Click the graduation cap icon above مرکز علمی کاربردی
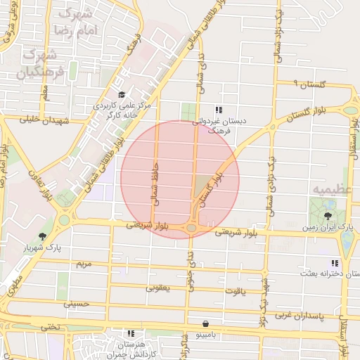coord(122,95)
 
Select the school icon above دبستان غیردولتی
coord(219,110)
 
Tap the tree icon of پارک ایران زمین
coord(328,216)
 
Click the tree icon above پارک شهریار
coord(44,236)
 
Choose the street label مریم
coord(84,264)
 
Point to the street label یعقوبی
coord(158,288)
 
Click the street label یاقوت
coord(234,290)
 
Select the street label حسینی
coord(77,304)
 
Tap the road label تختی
coord(49,326)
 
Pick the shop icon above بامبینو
coord(205,324)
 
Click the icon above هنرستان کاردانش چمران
coord(130,333)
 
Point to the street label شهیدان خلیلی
coord(45,120)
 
